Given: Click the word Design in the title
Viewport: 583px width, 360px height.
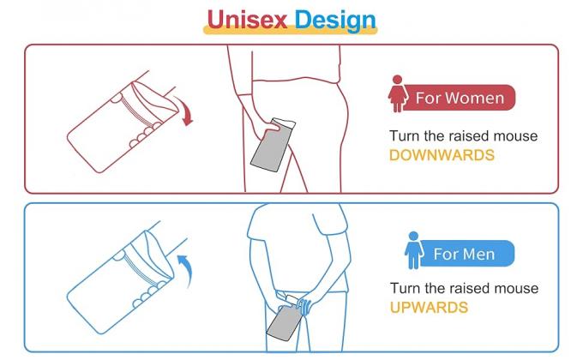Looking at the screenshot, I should pos(335,20).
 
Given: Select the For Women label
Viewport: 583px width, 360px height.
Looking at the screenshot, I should pos(460,98).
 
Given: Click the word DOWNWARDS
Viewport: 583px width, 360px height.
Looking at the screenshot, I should pos(442,156).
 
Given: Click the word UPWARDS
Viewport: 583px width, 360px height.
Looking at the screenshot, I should pos(429,307).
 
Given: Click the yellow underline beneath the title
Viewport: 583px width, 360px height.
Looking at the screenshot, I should pos(290,33).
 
